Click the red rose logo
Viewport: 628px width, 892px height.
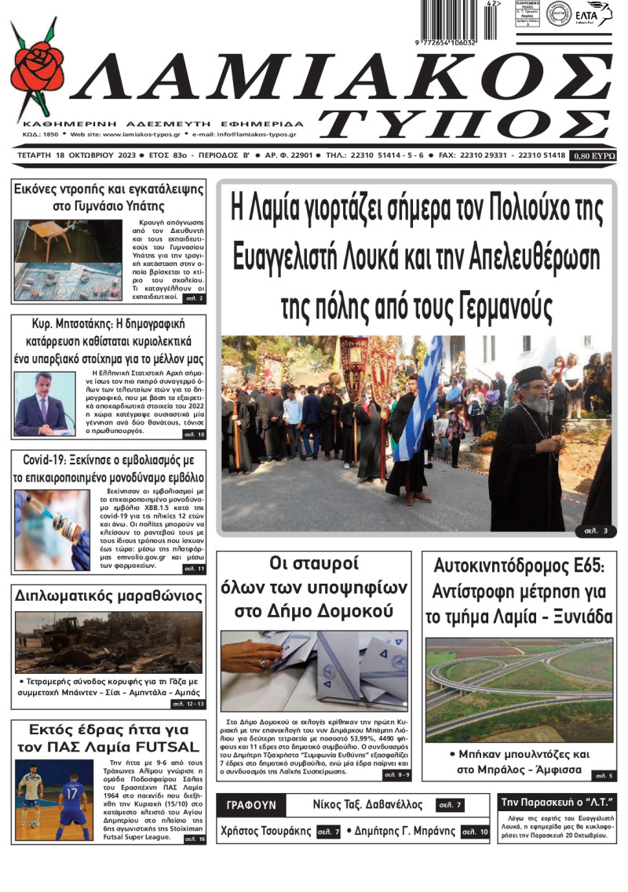[38, 69]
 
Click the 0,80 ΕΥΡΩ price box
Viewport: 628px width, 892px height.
[593, 155]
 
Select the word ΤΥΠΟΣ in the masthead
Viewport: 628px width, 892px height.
[463, 126]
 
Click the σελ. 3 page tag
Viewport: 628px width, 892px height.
[595, 531]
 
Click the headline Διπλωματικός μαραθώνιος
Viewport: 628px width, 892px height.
[108, 596]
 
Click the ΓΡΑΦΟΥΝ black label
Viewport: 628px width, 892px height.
[251, 806]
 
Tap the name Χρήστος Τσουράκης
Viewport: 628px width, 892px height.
[266, 832]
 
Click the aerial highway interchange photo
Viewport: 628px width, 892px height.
[519, 690]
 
